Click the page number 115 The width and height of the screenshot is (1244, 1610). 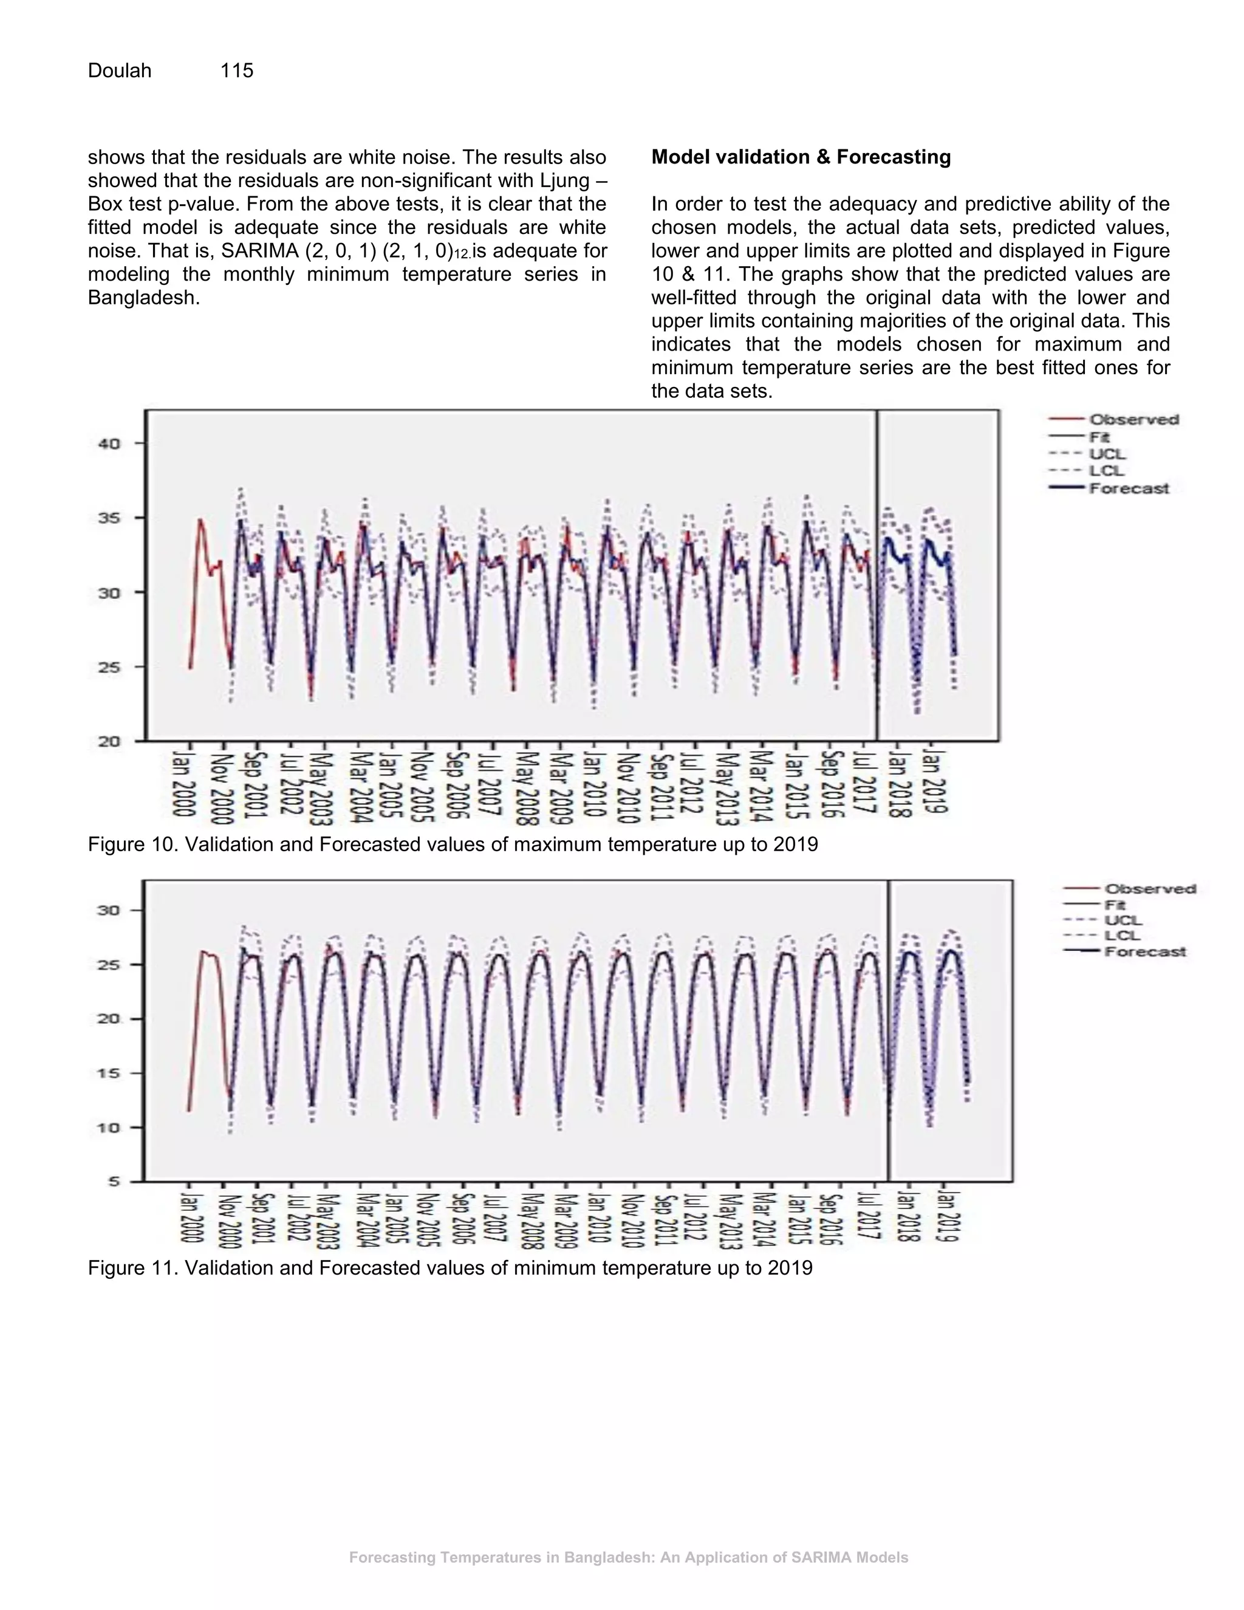tap(236, 70)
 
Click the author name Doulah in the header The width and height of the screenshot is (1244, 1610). tap(120, 70)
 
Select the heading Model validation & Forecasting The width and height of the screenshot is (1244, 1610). tap(801, 157)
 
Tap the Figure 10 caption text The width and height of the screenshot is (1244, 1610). tap(453, 844)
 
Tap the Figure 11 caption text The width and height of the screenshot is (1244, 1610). tap(449, 1268)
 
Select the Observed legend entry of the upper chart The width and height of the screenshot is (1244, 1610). tap(1133, 419)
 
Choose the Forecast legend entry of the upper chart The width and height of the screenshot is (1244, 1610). tap(1129, 488)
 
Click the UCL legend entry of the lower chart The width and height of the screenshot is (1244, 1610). tap(1123, 920)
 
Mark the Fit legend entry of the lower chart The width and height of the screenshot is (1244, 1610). tap(1114, 905)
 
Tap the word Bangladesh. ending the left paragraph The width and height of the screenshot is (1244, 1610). tap(144, 298)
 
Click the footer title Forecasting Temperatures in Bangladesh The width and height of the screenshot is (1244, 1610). tap(628, 1558)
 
